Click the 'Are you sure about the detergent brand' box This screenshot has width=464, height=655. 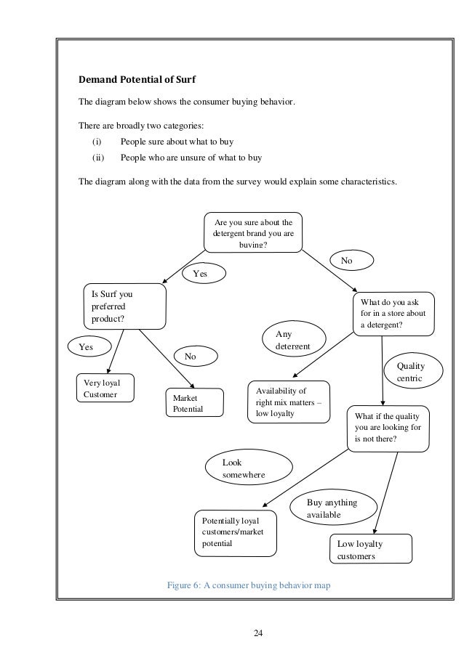[252, 232]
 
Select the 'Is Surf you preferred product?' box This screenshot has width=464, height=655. [124, 306]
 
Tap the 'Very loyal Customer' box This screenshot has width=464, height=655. [106, 388]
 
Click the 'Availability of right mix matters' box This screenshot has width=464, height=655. [288, 402]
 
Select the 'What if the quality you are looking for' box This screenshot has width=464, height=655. [389, 428]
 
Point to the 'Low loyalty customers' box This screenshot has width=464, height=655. [370, 550]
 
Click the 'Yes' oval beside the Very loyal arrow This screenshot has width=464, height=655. [89, 347]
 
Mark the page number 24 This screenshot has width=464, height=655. [257, 634]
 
